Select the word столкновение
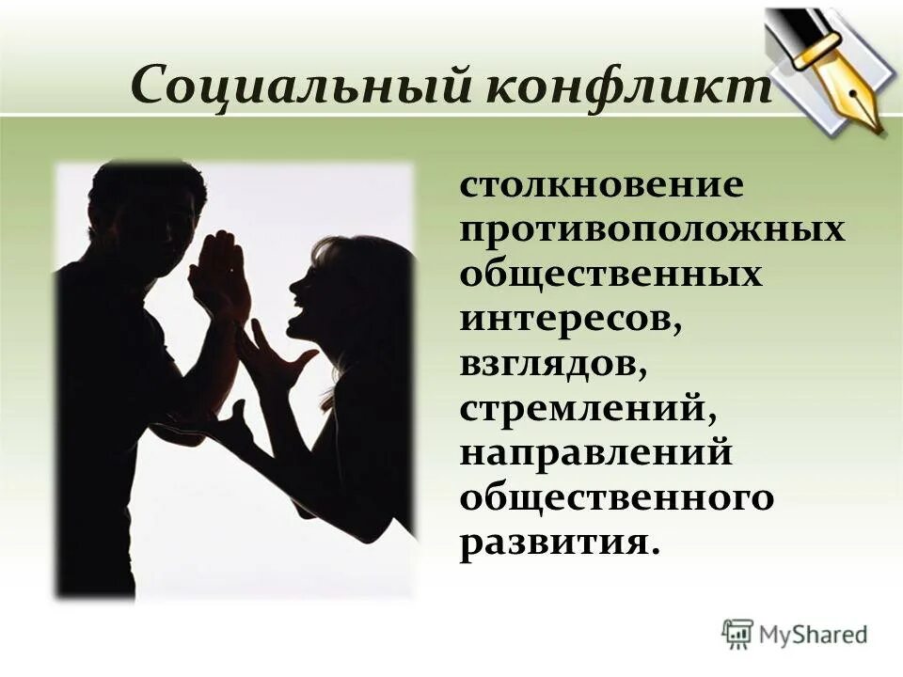click(x=602, y=184)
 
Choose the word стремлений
click(x=583, y=410)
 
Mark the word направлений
click(x=596, y=454)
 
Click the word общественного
click(x=617, y=499)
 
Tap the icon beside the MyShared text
click(x=738, y=635)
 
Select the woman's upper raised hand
click(x=277, y=353)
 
